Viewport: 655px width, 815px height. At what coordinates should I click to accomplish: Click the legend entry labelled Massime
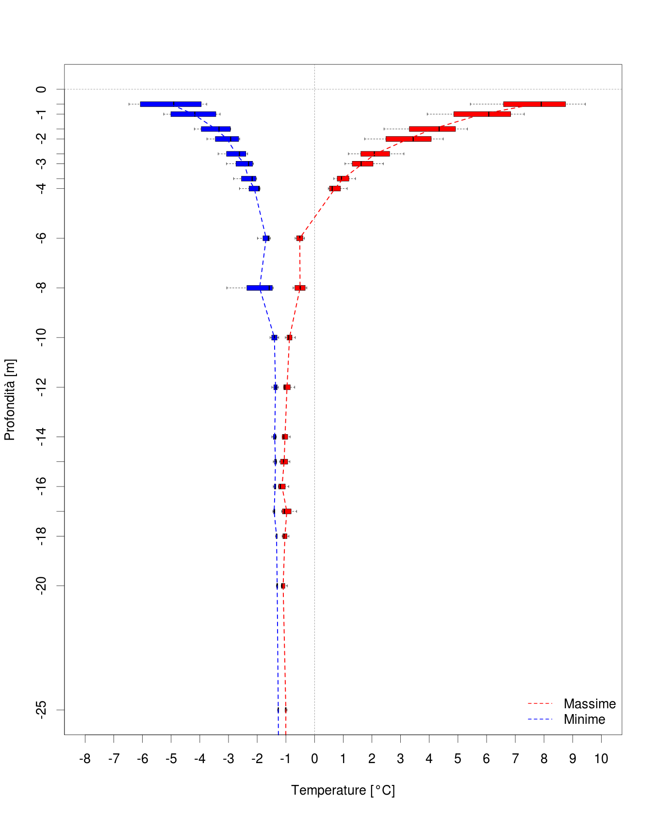589,704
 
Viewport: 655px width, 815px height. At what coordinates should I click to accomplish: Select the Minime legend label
584,719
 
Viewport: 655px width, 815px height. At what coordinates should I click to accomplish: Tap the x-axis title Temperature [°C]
343,790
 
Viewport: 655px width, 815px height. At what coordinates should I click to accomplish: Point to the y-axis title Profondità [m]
10,400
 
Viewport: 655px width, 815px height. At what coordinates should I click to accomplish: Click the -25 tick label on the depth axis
42,710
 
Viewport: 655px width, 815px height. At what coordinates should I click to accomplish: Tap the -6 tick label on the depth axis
42,238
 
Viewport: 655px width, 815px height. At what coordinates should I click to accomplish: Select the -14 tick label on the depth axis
42,437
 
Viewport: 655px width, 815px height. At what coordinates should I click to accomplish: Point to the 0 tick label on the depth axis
42,89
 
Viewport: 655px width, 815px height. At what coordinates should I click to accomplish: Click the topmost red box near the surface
534,104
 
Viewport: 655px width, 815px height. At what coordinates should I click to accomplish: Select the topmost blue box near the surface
170,104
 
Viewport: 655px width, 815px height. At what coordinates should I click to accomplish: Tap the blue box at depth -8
260,288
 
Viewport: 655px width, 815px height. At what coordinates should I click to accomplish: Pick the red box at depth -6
300,238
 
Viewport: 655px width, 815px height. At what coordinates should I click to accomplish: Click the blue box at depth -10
274,338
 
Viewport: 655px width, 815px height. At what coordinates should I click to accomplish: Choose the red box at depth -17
287,511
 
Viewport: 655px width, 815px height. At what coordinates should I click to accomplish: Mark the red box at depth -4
335,188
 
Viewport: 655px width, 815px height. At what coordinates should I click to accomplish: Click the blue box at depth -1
193,114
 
